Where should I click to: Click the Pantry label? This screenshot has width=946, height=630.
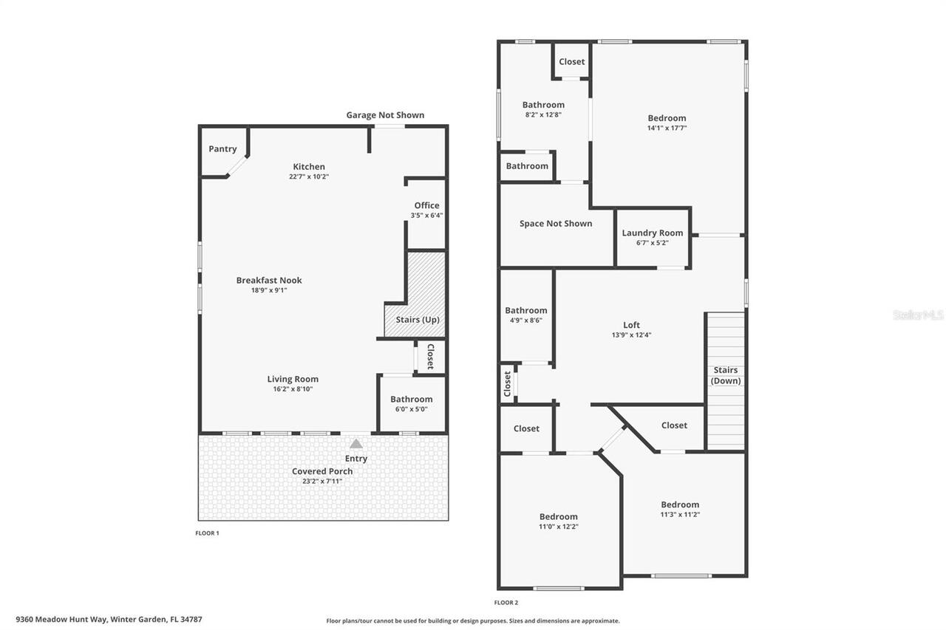click(x=222, y=149)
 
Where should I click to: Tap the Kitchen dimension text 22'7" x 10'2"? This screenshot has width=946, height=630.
click(x=308, y=177)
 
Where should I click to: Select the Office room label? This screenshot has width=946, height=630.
click(x=426, y=205)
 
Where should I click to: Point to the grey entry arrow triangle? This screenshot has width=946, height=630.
click(x=356, y=444)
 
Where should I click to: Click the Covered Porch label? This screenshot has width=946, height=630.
click(x=322, y=471)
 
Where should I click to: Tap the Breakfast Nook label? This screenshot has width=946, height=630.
click(x=269, y=280)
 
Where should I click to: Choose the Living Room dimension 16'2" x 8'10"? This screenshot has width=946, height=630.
click(x=293, y=389)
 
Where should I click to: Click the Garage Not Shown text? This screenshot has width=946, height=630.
click(x=385, y=115)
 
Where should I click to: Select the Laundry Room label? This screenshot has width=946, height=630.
click(x=652, y=233)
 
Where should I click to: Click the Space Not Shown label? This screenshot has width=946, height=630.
click(x=556, y=224)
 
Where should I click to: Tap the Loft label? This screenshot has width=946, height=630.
click(x=631, y=325)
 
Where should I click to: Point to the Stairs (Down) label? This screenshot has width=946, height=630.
click(x=725, y=375)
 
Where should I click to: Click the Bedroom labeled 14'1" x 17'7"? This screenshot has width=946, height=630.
click(x=667, y=118)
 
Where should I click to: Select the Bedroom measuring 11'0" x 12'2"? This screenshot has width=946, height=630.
click(x=558, y=517)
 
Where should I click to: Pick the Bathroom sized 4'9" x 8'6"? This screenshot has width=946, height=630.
click(x=526, y=311)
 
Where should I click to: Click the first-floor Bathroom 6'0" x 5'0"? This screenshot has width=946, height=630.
click(x=412, y=400)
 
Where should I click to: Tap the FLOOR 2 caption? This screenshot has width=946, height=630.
click(x=506, y=603)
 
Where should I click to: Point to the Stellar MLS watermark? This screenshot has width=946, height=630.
click(x=918, y=315)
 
